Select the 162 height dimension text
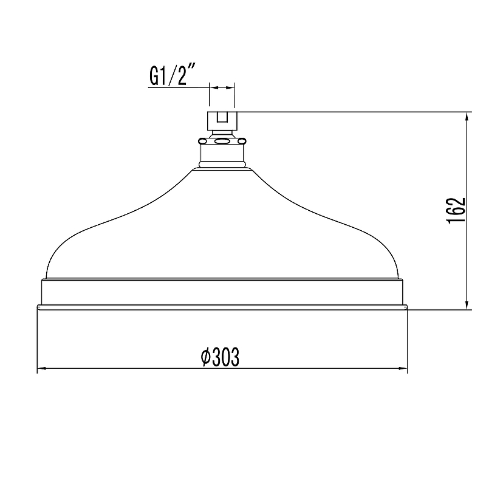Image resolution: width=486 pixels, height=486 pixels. point(457,210)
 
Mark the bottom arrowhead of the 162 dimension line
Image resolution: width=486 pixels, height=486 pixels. point(467,305)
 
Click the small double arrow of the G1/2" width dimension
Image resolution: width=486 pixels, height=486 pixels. point(222,88)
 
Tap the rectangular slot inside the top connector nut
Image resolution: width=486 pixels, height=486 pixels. point(222,117)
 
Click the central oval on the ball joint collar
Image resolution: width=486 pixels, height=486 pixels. point(222,142)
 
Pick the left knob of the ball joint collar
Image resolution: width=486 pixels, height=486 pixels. point(202,142)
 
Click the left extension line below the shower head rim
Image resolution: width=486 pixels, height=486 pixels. point(38,340)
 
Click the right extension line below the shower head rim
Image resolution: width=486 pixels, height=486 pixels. point(407,340)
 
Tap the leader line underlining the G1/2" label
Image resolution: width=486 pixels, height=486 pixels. point(176,88)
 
